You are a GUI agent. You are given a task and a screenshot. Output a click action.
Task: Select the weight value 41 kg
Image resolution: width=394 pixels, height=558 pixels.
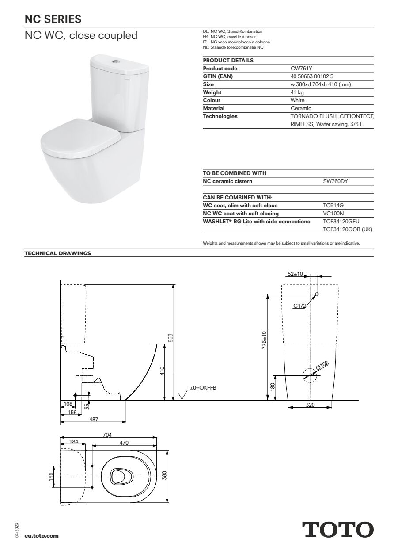tap(297, 92)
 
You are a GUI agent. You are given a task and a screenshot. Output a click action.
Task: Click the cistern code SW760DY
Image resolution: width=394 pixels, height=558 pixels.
tap(336, 181)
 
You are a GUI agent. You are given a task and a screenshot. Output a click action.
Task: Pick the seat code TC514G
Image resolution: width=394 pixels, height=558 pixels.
tap(333, 206)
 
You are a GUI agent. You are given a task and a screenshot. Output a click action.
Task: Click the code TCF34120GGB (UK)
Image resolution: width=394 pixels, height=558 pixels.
tap(348, 230)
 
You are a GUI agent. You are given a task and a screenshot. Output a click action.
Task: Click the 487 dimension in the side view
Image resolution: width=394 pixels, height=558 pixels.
tap(94, 420)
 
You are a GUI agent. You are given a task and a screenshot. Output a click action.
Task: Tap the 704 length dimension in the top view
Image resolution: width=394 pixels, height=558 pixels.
tap(107, 435)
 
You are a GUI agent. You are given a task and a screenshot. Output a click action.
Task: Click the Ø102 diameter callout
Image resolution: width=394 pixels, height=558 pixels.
tap(322, 365)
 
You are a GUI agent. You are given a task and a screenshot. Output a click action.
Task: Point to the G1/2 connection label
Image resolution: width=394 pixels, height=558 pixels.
tap(299, 306)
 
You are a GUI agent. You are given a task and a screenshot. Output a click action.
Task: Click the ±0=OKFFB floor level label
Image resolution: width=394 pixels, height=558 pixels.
tap(203, 388)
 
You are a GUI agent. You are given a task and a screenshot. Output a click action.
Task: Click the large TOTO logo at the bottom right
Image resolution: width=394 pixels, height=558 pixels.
tap(337, 529)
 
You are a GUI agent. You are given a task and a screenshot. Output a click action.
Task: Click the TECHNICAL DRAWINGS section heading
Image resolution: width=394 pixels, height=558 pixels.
tap(57, 253)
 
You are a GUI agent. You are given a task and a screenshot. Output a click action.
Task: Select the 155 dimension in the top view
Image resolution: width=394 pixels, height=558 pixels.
tap(51, 476)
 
